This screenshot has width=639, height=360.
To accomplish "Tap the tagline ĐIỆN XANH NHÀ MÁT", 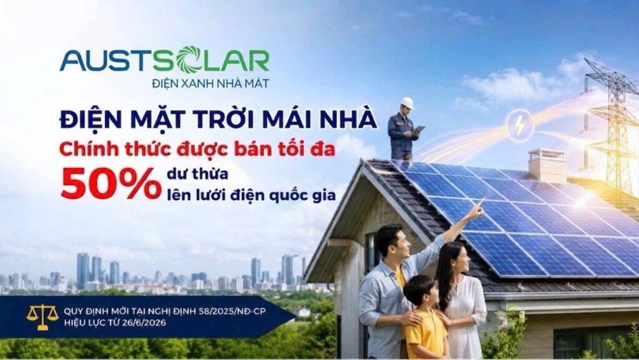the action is [210, 84].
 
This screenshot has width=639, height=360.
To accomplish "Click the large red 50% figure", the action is [110, 183].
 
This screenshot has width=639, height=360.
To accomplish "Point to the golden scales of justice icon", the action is [42, 316].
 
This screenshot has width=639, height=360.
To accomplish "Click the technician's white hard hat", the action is [406, 103].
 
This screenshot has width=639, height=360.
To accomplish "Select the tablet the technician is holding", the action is [419, 129].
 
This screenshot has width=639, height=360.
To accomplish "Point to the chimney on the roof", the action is [547, 165].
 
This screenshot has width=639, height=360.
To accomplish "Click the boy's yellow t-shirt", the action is [426, 333].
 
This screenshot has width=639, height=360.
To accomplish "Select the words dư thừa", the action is [197, 174].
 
